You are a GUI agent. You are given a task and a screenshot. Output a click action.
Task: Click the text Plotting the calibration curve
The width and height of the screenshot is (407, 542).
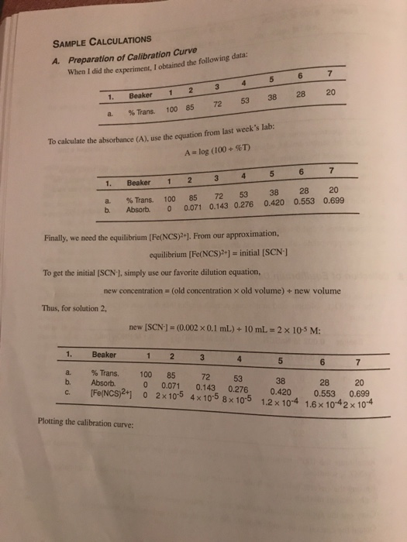pos(78,423)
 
